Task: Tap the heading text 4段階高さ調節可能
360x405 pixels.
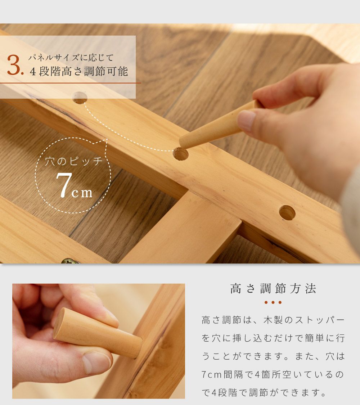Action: (x=79, y=72)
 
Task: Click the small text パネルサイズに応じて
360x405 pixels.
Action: (x=71, y=58)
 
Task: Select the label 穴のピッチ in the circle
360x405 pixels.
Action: (x=74, y=161)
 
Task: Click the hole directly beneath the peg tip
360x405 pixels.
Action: (x=180, y=154)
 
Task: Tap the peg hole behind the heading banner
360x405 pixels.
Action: (x=80, y=98)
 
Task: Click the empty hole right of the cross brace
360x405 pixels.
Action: (x=287, y=213)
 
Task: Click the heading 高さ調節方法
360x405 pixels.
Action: (x=273, y=288)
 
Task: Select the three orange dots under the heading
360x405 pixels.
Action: (x=273, y=302)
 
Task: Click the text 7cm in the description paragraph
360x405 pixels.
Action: (x=212, y=374)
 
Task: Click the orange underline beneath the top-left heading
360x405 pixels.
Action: (x=71, y=83)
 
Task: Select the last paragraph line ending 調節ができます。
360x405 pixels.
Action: (x=264, y=393)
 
